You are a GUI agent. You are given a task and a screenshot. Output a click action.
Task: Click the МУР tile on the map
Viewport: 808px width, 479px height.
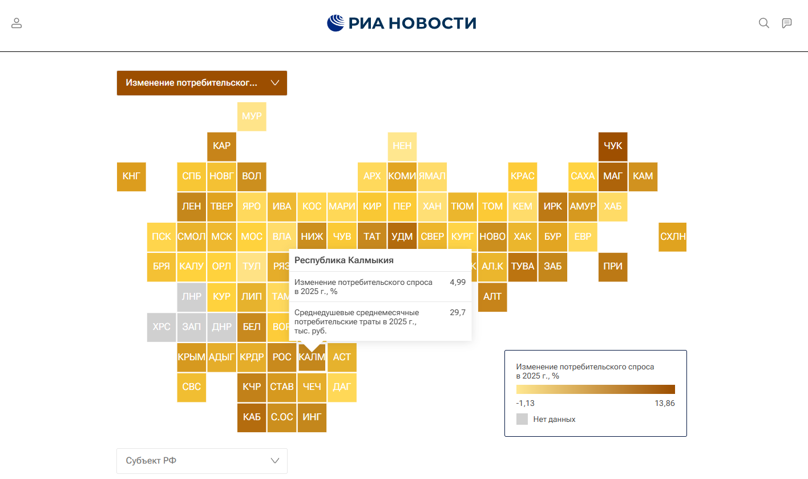(x=252, y=116)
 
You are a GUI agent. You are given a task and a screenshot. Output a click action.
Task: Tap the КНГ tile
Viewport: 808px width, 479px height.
(x=131, y=176)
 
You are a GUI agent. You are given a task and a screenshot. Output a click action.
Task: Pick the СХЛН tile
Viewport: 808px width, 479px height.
(x=673, y=237)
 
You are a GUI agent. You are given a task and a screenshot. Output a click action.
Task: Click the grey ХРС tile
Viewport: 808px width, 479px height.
(x=161, y=327)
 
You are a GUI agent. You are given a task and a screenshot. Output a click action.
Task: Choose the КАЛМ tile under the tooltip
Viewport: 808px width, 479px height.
(x=312, y=358)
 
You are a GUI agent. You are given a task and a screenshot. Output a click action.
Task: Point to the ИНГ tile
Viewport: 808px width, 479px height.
(x=312, y=417)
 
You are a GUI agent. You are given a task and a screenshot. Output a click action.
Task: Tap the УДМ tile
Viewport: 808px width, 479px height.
(x=402, y=237)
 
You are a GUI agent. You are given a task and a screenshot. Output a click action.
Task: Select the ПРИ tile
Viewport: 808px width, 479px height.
(x=613, y=267)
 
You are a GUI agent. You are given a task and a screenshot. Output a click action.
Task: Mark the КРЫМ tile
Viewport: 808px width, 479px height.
(x=192, y=357)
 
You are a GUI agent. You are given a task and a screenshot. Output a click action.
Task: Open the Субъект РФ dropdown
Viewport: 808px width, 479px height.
(x=202, y=461)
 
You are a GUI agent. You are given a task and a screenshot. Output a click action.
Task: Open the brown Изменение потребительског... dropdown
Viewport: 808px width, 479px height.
(x=202, y=83)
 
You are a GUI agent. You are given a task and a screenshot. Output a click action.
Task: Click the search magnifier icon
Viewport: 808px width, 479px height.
(x=763, y=23)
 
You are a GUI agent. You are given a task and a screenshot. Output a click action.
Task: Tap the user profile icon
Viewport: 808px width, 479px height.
(x=17, y=23)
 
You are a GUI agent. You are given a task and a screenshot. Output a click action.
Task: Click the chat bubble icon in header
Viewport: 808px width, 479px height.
(x=787, y=23)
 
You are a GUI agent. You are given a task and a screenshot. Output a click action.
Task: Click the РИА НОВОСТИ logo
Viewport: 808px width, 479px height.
(x=402, y=23)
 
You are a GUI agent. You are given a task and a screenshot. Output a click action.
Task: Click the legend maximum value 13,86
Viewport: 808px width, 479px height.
(x=664, y=404)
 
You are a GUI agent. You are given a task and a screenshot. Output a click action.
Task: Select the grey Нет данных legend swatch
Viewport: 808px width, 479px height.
(x=522, y=419)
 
